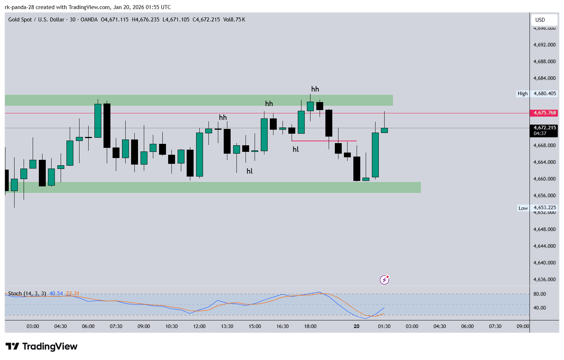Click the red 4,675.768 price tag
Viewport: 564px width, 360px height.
point(544,113)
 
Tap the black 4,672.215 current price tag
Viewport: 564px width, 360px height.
point(544,128)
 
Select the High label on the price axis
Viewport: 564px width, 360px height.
point(523,94)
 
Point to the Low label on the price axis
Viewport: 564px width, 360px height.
point(523,208)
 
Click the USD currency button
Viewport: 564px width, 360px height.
point(540,20)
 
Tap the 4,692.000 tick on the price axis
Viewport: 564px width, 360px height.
point(544,45)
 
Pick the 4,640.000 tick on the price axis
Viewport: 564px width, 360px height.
point(544,263)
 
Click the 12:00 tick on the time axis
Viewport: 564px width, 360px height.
point(199,326)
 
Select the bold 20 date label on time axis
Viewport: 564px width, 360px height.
point(357,326)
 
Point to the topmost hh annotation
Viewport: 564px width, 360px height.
point(315,89)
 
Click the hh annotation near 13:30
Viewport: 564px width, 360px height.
point(223,118)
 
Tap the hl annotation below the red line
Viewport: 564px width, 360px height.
point(296,149)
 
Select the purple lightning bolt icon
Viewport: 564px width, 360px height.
point(384,280)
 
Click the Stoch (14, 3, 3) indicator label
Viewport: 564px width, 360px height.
point(27,294)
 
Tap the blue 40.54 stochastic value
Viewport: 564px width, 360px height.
point(56,294)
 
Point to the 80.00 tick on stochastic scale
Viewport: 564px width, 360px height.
point(540,294)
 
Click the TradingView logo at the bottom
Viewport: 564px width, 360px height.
point(41,347)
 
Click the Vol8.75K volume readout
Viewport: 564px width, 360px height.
point(234,20)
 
